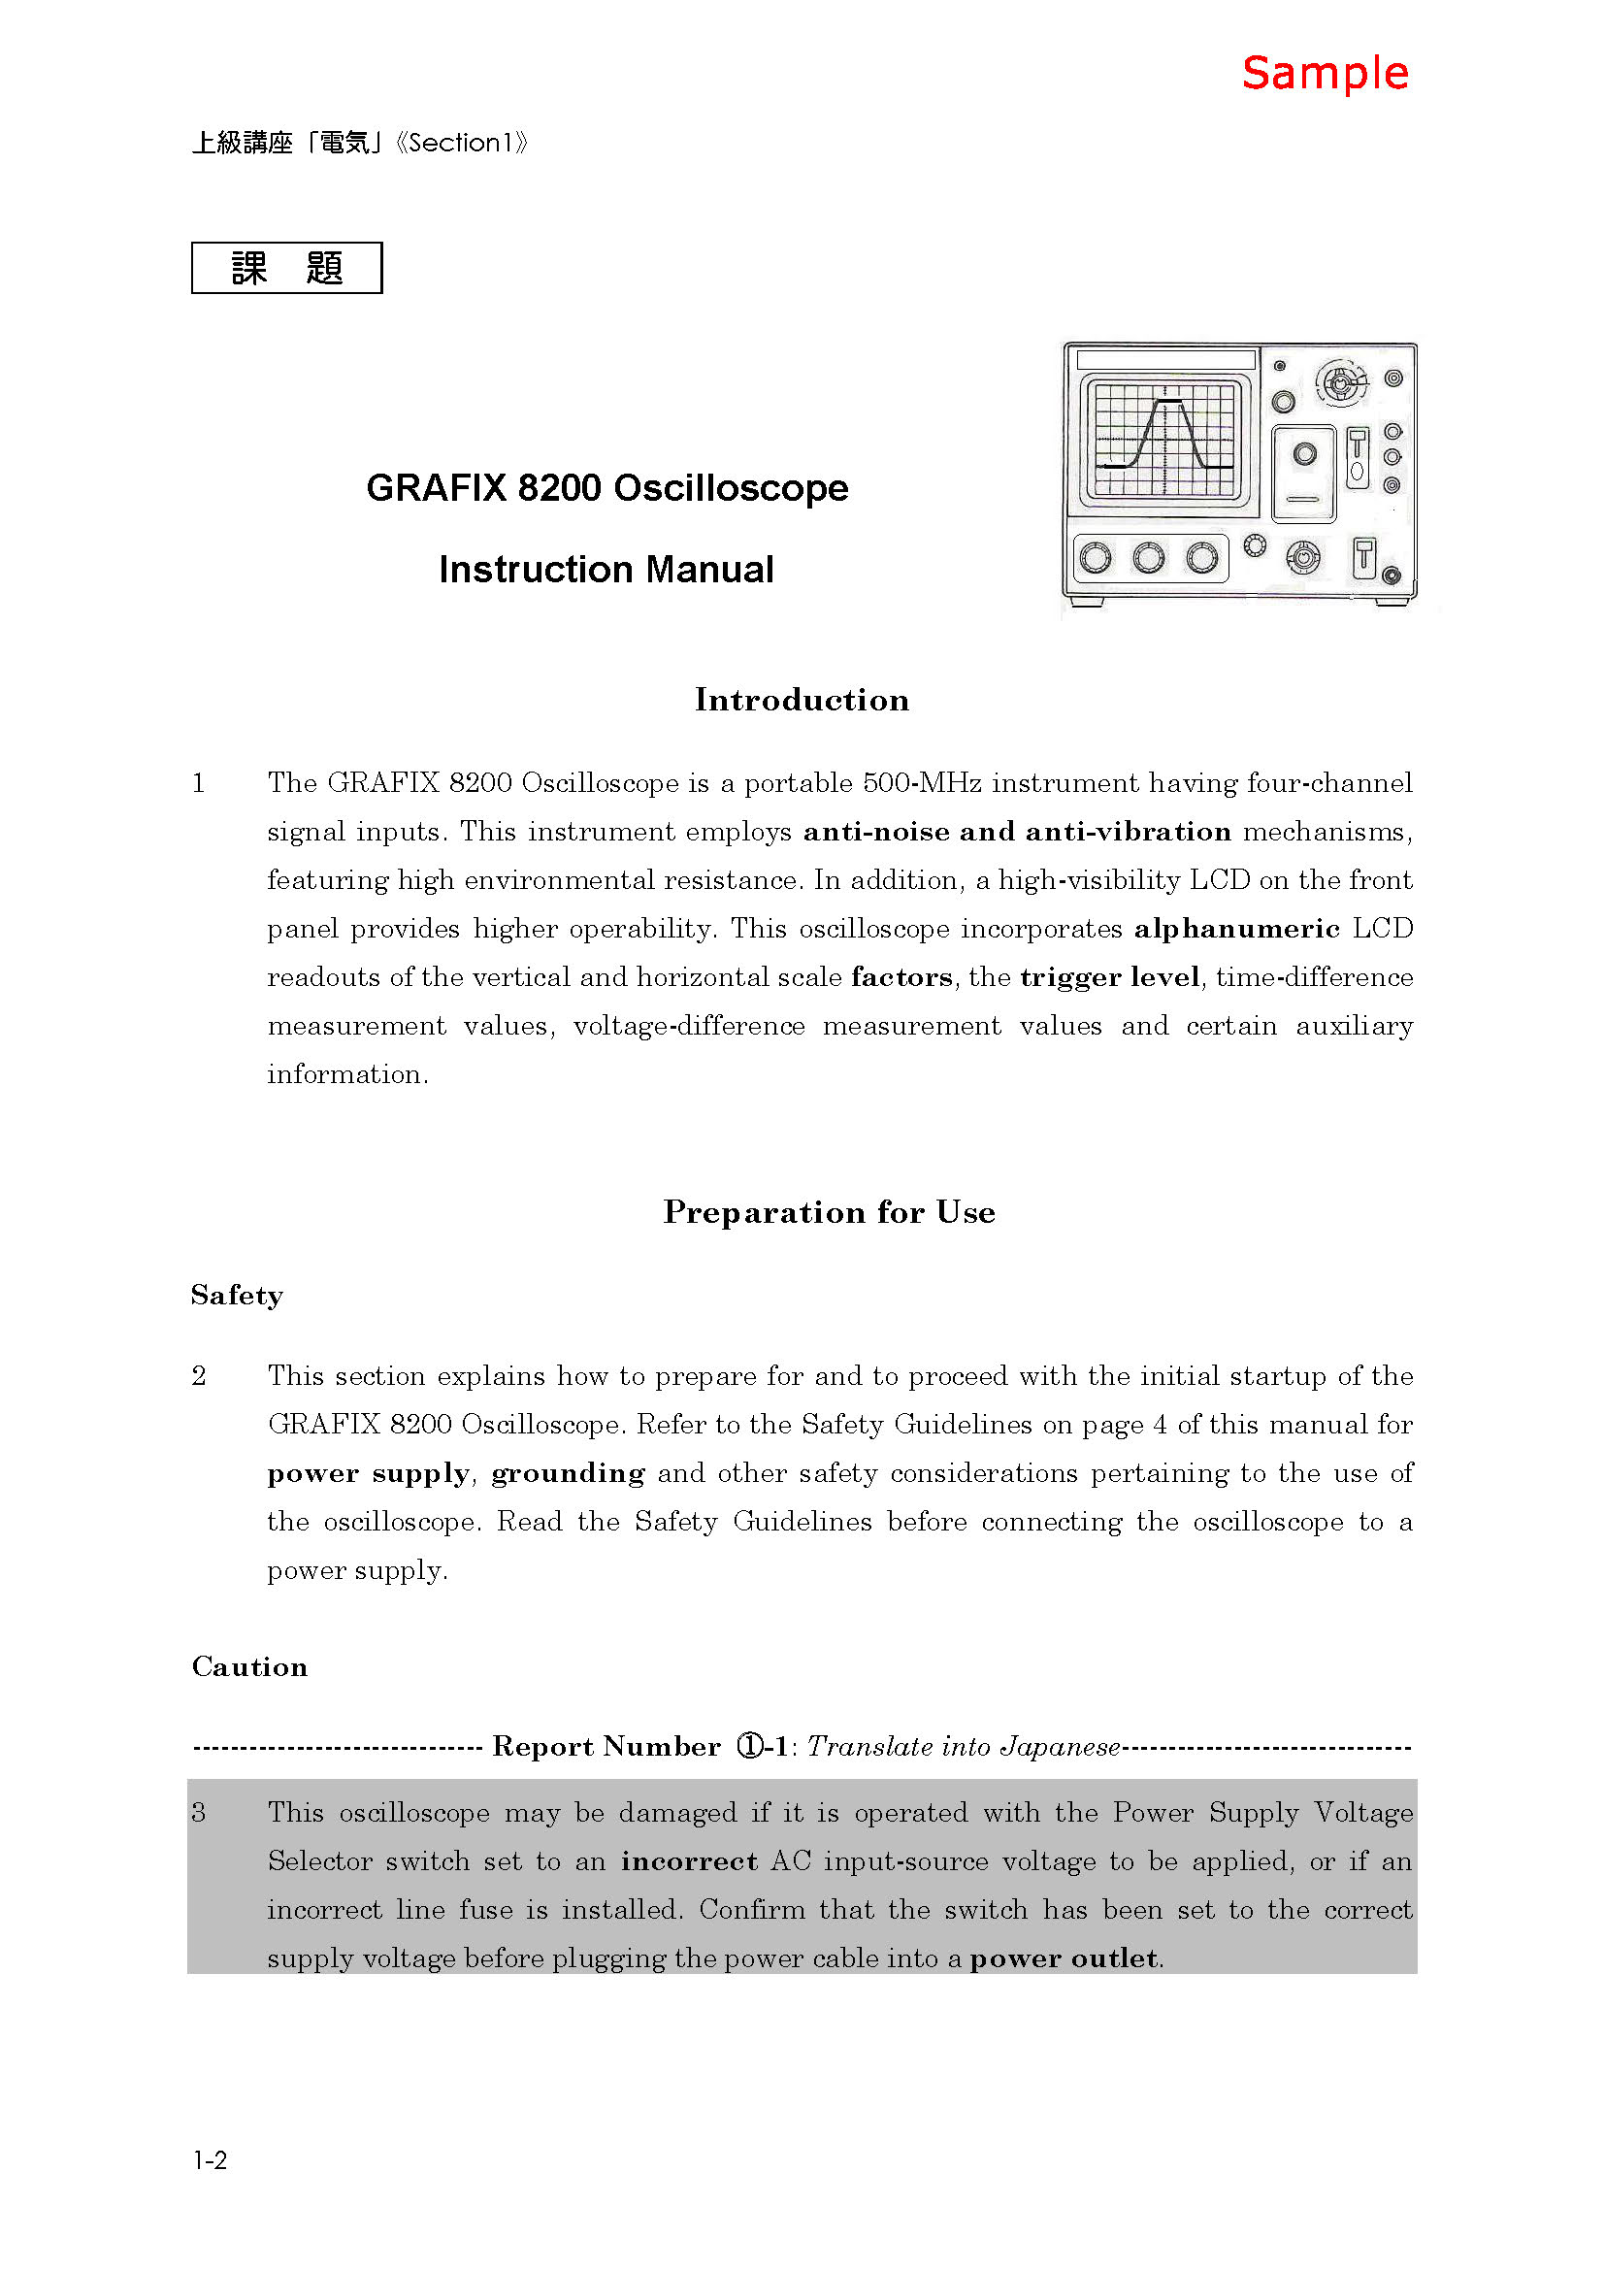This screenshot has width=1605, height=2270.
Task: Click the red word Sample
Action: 1325,74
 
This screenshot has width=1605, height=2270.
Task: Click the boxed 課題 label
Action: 286,268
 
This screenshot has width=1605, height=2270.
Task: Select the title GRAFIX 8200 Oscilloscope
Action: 606,488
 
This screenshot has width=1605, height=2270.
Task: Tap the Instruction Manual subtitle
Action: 606,570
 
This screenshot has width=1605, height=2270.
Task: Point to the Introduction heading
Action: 802,700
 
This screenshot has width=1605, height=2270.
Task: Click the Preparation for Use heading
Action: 828,1212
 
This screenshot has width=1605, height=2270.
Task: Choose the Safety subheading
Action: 237,1296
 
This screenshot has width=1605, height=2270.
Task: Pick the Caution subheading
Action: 250,1667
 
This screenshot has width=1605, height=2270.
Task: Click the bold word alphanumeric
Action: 1236,929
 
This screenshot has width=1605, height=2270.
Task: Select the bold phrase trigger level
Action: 1110,977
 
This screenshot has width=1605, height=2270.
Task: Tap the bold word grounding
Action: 569,1473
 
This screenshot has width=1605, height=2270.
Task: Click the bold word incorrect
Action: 689,1860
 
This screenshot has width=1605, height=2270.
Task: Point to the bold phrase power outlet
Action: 1064,1957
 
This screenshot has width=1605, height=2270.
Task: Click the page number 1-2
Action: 210,2160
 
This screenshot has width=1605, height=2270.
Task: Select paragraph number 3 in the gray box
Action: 199,1812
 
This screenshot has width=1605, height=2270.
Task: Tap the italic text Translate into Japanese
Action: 964,1747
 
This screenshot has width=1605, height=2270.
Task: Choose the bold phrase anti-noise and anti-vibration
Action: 1017,832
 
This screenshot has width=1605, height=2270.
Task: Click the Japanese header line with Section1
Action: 360,144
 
